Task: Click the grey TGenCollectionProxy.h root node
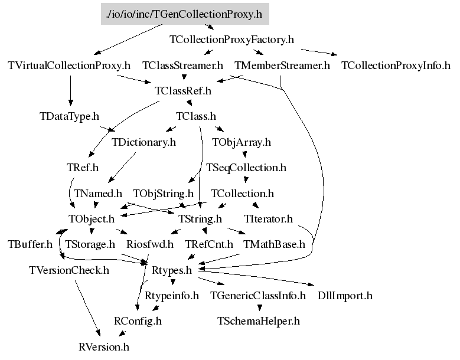pyautogui.click(x=185, y=14)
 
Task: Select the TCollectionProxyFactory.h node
pyautogui.click(x=231, y=40)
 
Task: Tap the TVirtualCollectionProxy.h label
pyautogui.click(x=69, y=66)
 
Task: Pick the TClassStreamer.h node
pyautogui.click(x=182, y=66)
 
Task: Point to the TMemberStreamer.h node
pyautogui.click(x=282, y=66)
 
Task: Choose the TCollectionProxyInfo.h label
pyautogui.click(x=396, y=66)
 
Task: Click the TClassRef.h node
pyautogui.click(x=182, y=91)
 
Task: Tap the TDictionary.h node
pyautogui.click(x=143, y=142)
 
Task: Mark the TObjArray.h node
pyautogui.click(x=245, y=142)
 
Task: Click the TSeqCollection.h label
pyautogui.click(x=246, y=168)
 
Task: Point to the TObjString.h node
pyautogui.click(x=163, y=194)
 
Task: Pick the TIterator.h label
pyautogui.click(x=268, y=219)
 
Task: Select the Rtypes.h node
pyautogui.click(x=172, y=270)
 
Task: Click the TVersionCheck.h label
pyautogui.click(x=69, y=270)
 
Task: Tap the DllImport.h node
pyautogui.click(x=345, y=296)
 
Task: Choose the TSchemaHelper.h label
pyautogui.click(x=259, y=321)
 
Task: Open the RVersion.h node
pyautogui.click(x=103, y=346)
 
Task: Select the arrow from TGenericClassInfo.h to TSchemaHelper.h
pyautogui.click(x=259, y=307)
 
